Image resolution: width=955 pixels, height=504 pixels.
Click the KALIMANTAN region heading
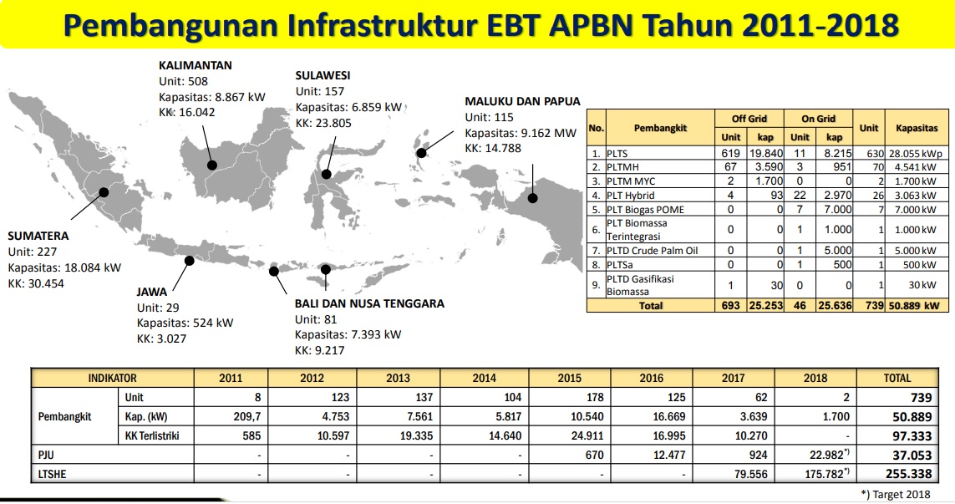coord(195,65)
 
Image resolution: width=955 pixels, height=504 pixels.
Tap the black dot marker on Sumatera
coord(104,192)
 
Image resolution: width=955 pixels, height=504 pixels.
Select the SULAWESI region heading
coord(323,75)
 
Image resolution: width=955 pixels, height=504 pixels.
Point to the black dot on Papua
coord(533,198)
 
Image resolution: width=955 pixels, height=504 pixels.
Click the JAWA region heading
coord(152,292)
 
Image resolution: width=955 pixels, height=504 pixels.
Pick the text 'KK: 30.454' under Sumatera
coord(36,283)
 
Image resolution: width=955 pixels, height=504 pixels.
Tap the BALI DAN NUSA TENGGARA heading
coord(369,303)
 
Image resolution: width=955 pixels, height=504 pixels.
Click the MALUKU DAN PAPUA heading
coord(522,101)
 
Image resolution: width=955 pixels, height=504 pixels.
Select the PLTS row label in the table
coord(617,154)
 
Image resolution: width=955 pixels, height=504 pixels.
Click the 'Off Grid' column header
coord(749,118)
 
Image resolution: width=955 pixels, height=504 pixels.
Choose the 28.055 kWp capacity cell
coord(916,154)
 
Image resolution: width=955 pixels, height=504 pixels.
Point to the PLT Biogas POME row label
coord(646,210)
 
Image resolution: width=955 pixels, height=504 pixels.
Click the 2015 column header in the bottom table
coord(570,378)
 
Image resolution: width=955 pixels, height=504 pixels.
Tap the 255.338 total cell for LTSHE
coord(909,474)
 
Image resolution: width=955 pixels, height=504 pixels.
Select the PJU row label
coord(46,455)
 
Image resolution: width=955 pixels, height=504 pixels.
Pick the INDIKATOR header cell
coord(113,378)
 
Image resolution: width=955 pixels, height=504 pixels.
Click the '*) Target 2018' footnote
coord(896,494)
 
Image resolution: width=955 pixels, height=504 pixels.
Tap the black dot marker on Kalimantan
coord(212,165)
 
